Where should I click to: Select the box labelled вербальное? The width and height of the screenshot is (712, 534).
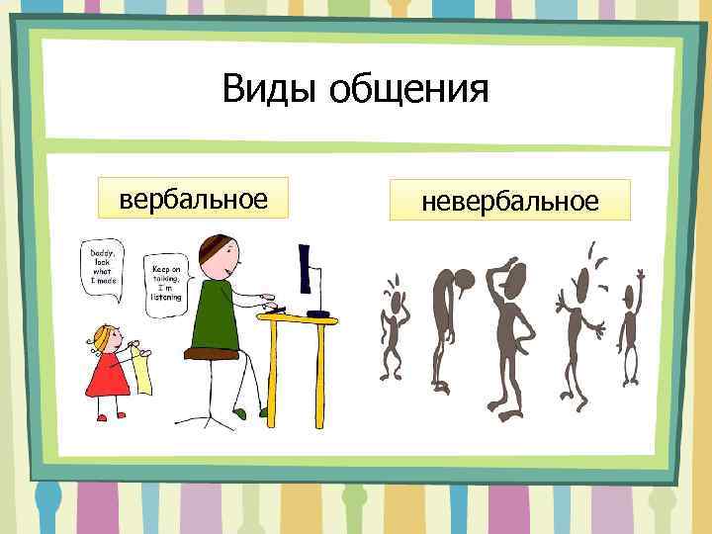click(x=194, y=197)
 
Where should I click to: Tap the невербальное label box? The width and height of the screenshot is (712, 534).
click(x=509, y=201)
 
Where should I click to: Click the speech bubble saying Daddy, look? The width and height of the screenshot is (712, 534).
click(x=104, y=264)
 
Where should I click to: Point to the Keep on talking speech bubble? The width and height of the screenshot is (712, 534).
click(x=165, y=282)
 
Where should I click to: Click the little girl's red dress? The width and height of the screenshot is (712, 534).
click(x=106, y=373)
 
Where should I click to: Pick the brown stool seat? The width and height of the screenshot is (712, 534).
click(x=213, y=352)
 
